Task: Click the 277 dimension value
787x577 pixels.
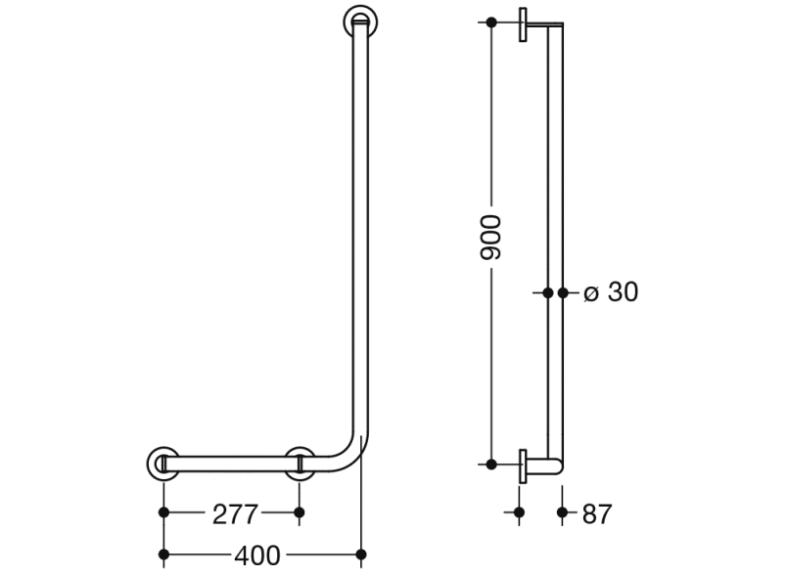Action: pyautogui.click(x=235, y=514)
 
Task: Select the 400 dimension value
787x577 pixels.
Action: pyautogui.click(x=257, y=555)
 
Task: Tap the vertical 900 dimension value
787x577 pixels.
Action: pyautogui.click(x=490, y=238)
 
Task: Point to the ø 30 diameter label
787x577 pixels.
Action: pyautogui.click(x=611, y=291)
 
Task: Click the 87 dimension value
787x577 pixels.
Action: pyautogui.click(x=597, y=514)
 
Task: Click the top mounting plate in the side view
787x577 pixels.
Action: pyautogui.click(x=523, y=24)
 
